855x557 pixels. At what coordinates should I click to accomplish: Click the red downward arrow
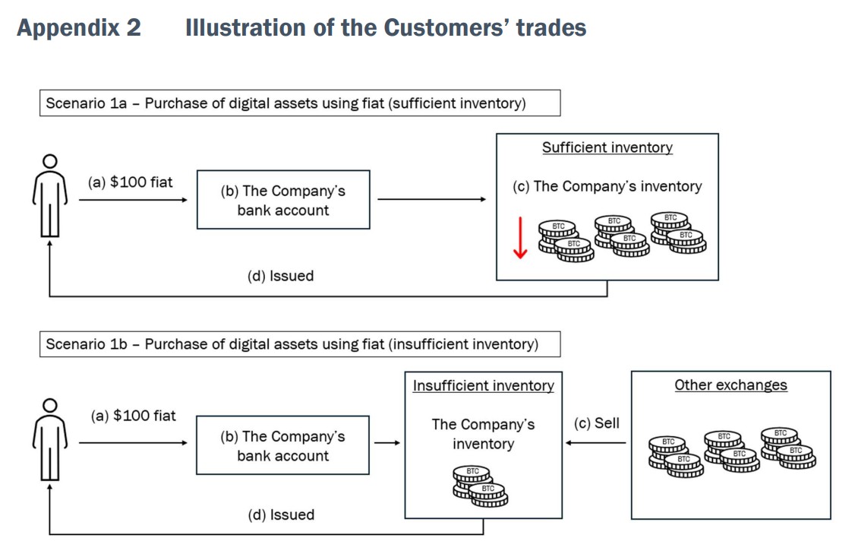[x=520, y=237]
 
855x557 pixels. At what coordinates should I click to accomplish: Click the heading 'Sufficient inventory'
[x=607, y=147]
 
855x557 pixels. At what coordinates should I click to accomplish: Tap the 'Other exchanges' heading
[x=730, y=385]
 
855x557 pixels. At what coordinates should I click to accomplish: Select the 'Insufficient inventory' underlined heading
[x=483, y=385]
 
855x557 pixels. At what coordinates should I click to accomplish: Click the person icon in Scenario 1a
[x=50, y=195]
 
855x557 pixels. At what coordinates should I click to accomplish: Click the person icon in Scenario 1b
[x=50, y=439]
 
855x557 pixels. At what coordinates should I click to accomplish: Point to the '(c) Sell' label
[x=596, y=423]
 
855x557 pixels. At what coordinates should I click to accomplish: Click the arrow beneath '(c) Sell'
[x=596, y=442]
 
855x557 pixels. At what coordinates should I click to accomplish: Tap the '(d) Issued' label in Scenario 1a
[x=280, y=276]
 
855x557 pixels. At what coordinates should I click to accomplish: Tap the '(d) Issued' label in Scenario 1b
[x=280, y=514]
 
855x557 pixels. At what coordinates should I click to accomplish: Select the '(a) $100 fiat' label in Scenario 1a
[x=130, y=182]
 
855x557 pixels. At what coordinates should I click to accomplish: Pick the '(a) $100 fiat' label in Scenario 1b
[x=133, y=416]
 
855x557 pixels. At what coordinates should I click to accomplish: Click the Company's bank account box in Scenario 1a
[x=283, y=200]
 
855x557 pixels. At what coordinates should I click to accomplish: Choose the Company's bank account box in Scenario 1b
[x=282, y=445]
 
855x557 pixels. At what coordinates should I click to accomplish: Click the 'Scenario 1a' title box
[x=299, y=103]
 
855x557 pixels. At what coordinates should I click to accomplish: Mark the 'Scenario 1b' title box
[x=299, y=344]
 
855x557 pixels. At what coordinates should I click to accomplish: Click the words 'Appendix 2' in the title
[x=78, y=28]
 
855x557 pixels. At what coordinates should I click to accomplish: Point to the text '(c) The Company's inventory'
[x=607, y=186]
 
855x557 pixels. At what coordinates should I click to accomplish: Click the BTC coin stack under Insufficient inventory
[x=481, y=486]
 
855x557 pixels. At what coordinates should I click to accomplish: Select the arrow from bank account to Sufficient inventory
[x=431, y=200]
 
